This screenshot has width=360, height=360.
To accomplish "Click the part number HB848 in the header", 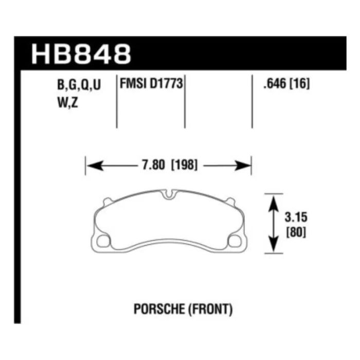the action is [x=81, y=54].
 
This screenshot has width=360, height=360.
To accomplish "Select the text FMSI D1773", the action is [x=151, y=83].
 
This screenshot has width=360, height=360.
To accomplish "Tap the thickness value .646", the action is [x=275, y=84].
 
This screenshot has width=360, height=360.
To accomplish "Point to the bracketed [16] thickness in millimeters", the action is [x=299, y=84].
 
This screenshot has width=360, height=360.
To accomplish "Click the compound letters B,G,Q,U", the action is [x=79, y=85].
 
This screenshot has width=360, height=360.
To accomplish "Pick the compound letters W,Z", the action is [x=68, y=102].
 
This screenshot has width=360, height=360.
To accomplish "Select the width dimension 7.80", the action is [x=153, y=165].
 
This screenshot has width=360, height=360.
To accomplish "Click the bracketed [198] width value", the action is [x=184, y=165].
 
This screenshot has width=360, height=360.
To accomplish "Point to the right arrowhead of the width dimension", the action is [x=243, y=166].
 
